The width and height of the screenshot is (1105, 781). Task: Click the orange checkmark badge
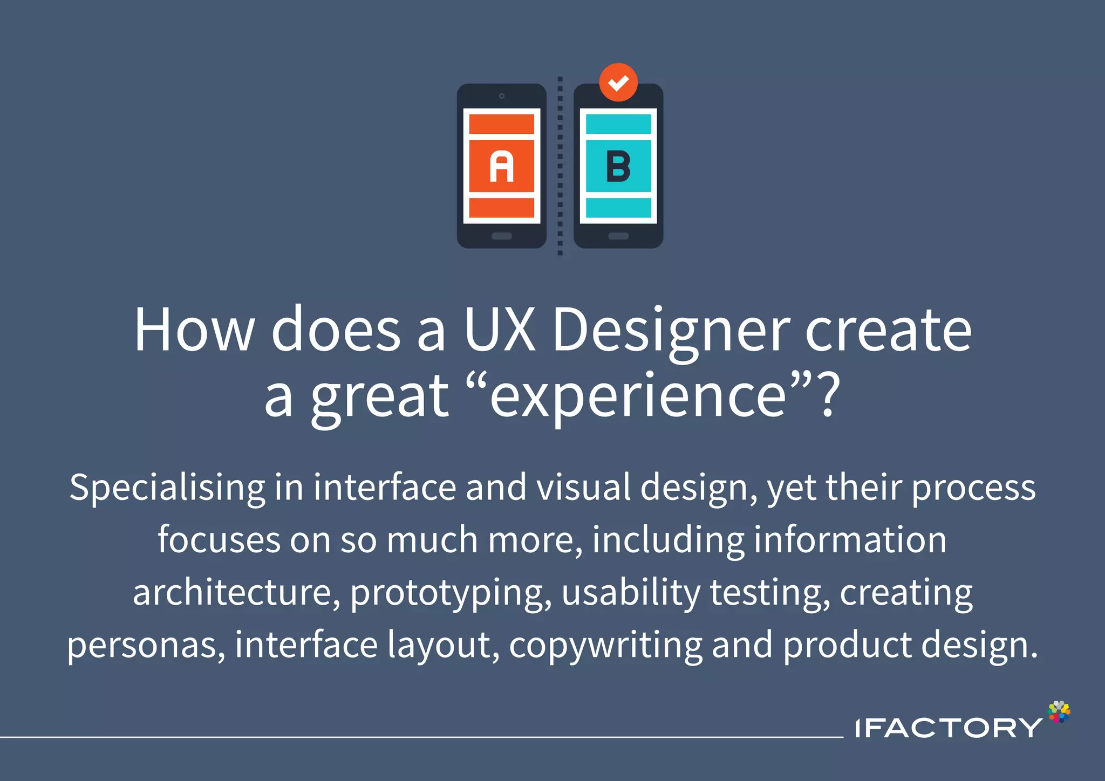[618, 83]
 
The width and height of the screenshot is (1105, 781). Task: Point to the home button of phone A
[501, 236]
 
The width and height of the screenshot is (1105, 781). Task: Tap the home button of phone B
[618, 236]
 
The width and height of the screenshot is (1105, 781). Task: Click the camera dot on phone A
[502, 96]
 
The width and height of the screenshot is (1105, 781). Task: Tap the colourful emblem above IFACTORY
[1059, 712]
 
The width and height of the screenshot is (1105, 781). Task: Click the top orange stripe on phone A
[501, 125]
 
